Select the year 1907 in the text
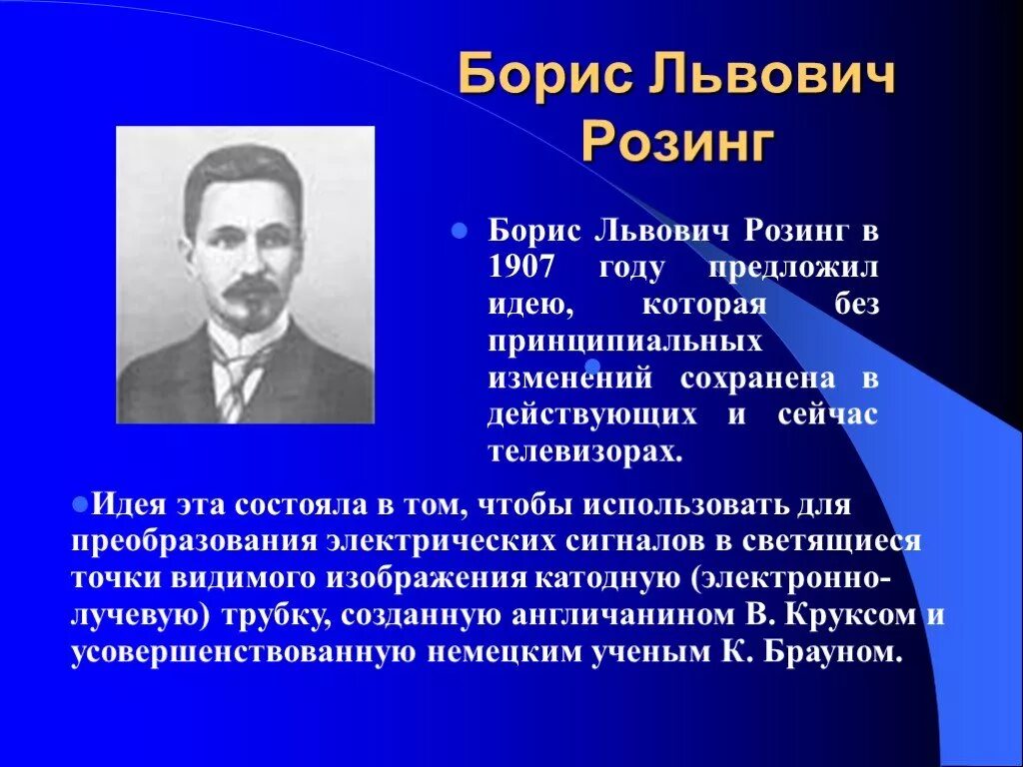coord(522,267)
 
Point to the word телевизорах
coord(584,451)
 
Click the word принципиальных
coord(624,341)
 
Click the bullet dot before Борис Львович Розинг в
coord(461,230)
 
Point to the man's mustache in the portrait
coord(250,289)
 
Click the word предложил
coord(794,268)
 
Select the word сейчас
coord(828,414)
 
